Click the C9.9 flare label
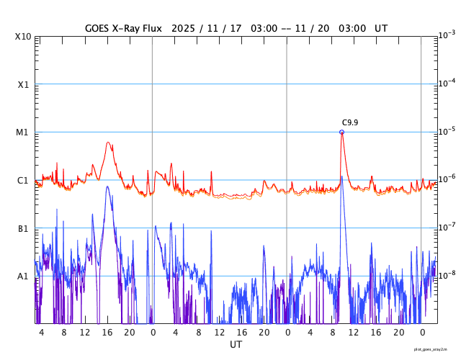pyautogui.click(x=350, y=123)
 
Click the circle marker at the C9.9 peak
pyautogui.click(x=341, y=132)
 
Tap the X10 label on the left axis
pyautogui.click(x=24, y=37)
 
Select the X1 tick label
pyautogui.click(x=24, y=84)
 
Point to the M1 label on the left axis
pyautogui.click(x=23, y=132)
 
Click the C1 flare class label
pyautogui.click(x=23, y=181)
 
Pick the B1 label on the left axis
pyautogui.click(x=23, y=229)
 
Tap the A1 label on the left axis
pyautogui.click(x=23, y=276)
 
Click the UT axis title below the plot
pyautogui.click(x=236, y=345)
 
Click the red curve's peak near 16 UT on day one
pyautogui.click(x=108, y=143)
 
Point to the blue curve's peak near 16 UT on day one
pyautogui.click(x=107, y=187)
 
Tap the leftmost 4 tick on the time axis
pyautogui.click(x=42, y=332)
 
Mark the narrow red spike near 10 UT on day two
pyautogui.click(x=211, y=172)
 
